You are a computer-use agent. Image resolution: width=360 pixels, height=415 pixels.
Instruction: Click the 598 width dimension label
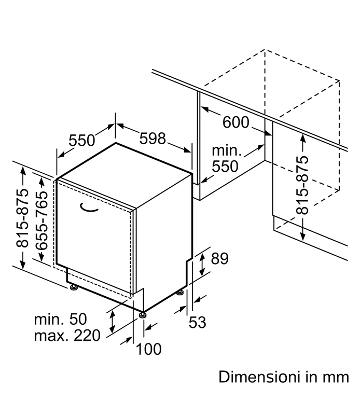[153, 139]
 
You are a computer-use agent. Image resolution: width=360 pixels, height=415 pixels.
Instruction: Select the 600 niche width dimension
[236, 122]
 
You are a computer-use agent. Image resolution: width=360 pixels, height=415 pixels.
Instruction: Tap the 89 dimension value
[220, 258]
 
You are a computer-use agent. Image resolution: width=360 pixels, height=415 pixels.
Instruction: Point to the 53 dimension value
[197, 322]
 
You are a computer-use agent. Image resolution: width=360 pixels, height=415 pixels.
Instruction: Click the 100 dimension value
[148, 349]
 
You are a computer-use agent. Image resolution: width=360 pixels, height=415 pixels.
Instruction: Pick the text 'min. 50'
[60, 319]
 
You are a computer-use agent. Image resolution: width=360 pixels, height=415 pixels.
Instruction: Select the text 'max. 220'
[67, 335]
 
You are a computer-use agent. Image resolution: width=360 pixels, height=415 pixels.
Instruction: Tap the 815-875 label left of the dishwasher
[22, 218]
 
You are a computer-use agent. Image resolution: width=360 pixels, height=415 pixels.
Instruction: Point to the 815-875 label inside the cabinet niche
[302, 185]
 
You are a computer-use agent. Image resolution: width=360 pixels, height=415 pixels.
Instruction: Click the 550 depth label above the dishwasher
[82, 140]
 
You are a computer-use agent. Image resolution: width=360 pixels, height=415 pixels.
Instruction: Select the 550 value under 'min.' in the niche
[225, 166]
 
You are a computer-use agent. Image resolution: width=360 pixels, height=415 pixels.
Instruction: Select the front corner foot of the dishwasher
[143, 315]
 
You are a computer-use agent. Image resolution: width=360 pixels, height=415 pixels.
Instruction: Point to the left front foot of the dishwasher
[74, 287]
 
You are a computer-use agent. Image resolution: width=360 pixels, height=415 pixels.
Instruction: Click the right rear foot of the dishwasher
[181, 293]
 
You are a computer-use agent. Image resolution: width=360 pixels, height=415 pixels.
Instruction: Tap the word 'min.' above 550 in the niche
[227, 150]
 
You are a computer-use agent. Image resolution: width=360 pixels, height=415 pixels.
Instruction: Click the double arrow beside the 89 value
[202, 264]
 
